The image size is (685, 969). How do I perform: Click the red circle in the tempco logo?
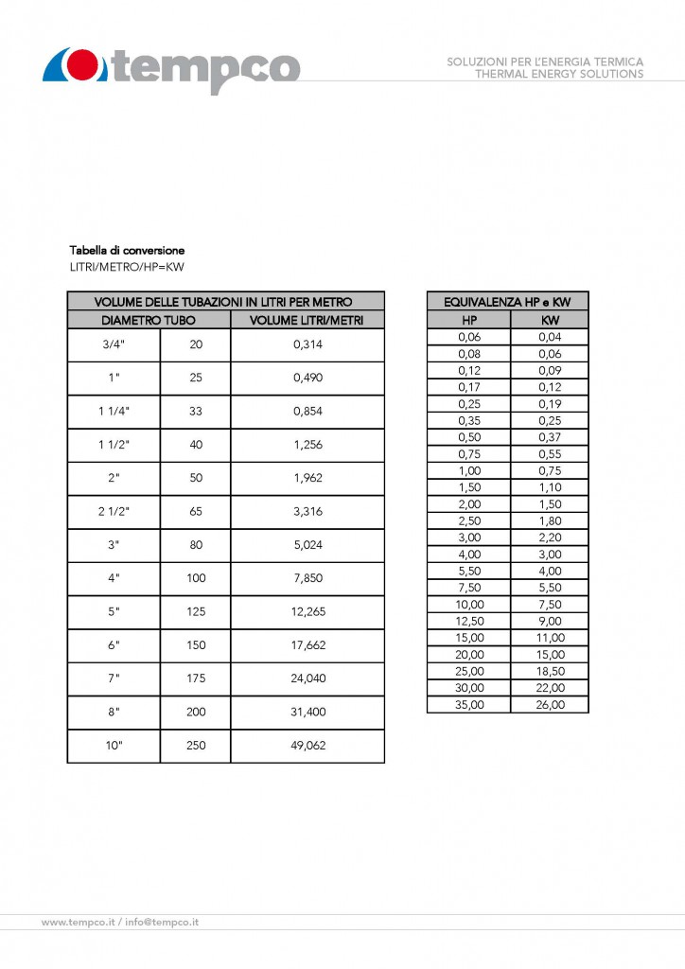[x=83, y=66]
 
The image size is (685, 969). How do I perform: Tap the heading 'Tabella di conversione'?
[x=127, y=251]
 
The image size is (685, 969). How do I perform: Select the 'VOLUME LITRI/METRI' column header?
[x=307, y=320]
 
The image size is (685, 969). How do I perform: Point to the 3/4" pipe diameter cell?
[x=114, y=345]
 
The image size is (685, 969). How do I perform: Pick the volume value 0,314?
[x=308, y=345]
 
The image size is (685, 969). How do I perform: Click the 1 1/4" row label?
[x=114, y=412]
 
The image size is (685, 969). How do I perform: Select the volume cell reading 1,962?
[x=308, y=478]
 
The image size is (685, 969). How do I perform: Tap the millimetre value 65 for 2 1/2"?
[x=196, y=511]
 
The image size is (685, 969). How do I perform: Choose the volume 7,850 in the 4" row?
[x=308, y=578]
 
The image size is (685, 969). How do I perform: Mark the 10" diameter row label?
[x=114, y=745]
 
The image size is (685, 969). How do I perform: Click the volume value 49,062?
[x=308, y=745]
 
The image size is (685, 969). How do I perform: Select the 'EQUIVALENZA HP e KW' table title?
[x=507, y=302]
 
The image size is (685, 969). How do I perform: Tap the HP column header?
[x=469, y=320]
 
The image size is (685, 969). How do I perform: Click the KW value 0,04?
[x=550, y=336]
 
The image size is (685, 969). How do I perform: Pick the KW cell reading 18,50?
[x=550, y=671]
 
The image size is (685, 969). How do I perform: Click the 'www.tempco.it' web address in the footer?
[x=79, y=922]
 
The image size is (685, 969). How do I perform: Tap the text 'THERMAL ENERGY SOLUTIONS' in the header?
[x=559, y=74]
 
